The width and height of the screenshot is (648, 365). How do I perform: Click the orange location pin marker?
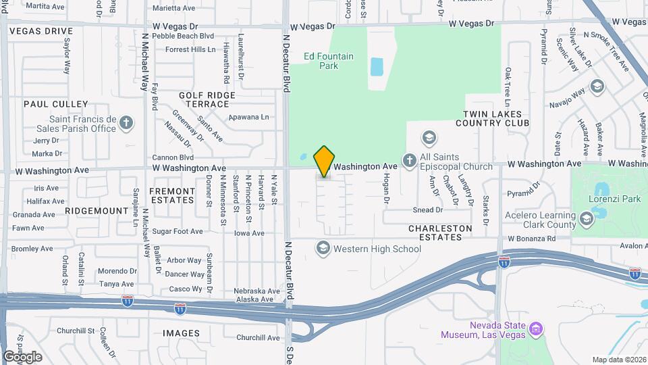324,162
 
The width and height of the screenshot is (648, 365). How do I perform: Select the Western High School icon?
323,249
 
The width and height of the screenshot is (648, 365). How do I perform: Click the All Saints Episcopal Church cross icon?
409,160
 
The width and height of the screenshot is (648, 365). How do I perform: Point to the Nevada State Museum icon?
537,329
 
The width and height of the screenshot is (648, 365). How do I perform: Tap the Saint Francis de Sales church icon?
126,122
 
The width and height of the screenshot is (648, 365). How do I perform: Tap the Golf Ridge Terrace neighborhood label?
203,100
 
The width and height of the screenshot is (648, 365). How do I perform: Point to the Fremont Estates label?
171,196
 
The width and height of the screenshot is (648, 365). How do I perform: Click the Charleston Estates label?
440,233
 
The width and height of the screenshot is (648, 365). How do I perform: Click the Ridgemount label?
97,211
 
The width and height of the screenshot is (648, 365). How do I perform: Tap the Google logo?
22,356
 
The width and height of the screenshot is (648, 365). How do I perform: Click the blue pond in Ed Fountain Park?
377,66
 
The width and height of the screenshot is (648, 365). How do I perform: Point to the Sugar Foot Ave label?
178,231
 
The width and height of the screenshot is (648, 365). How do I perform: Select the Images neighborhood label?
181,333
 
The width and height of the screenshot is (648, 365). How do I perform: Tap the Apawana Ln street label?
248,117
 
